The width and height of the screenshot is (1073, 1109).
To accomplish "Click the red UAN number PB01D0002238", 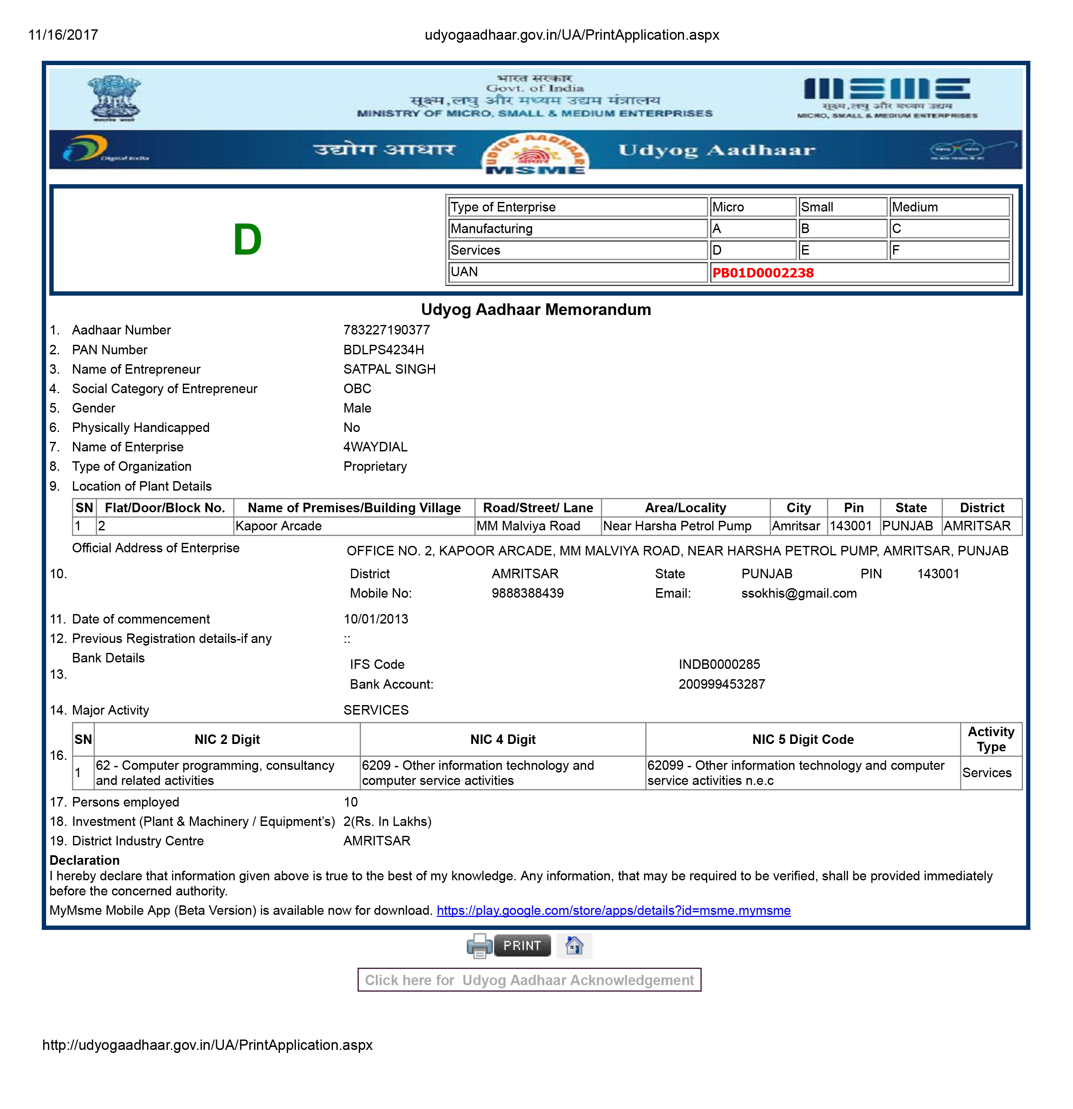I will (x=762, y=273).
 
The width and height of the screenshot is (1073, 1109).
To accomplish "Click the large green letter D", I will (x=247, y=240).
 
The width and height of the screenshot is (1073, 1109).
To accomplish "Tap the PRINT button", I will (x=521, y=945).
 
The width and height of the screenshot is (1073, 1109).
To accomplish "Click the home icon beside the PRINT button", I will (x=574, y=945).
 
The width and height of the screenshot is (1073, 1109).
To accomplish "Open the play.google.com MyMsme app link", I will (x=613, y=911).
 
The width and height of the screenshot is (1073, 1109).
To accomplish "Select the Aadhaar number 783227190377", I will (x=386, y=330).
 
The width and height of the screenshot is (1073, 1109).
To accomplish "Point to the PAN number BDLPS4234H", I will (x=383, y=350).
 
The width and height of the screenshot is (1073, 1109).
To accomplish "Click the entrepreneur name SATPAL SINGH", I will (x=389, y=369).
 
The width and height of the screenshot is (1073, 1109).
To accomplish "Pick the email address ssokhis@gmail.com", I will (x=799, y=593).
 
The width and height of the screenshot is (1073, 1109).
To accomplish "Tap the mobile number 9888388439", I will (x=527, y=593).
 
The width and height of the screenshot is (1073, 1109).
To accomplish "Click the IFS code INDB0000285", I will (x=719, y=664).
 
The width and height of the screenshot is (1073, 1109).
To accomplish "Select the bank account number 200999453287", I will (x=721, y=684).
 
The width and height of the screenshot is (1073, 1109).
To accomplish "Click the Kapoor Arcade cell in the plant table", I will (x=278, y=526).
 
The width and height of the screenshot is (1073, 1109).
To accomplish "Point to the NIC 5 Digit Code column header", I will (x=802, y=740).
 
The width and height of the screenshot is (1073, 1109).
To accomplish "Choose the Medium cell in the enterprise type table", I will (x=915, y=207).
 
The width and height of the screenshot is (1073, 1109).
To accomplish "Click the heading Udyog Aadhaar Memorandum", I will (x=536, y=309).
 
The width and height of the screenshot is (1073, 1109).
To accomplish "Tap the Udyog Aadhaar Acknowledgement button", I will (x=529, y=980).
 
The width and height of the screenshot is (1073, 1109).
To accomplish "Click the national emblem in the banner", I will (x=114, y=98).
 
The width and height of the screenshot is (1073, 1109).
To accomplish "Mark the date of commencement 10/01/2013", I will (x=376, y=619).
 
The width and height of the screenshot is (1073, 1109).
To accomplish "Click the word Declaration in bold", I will (x=84, y=860).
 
